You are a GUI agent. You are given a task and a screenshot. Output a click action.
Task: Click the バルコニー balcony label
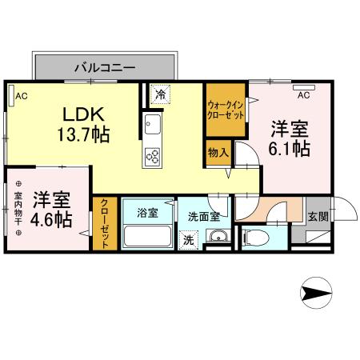(x=105, y=66)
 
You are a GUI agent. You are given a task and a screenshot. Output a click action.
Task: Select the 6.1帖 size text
(x=290, y=148)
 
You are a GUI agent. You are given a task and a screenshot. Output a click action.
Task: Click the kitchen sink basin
(x=152, y=126)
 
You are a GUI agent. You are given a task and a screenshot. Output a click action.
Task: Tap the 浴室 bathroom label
(x=146, y=213)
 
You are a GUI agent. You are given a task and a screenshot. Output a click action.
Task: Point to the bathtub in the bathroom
(x=146, y=237)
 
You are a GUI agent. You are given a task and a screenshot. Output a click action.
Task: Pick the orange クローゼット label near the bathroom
(x=104, y=225)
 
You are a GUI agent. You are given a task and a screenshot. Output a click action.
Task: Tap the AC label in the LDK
(x=22, y=97)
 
